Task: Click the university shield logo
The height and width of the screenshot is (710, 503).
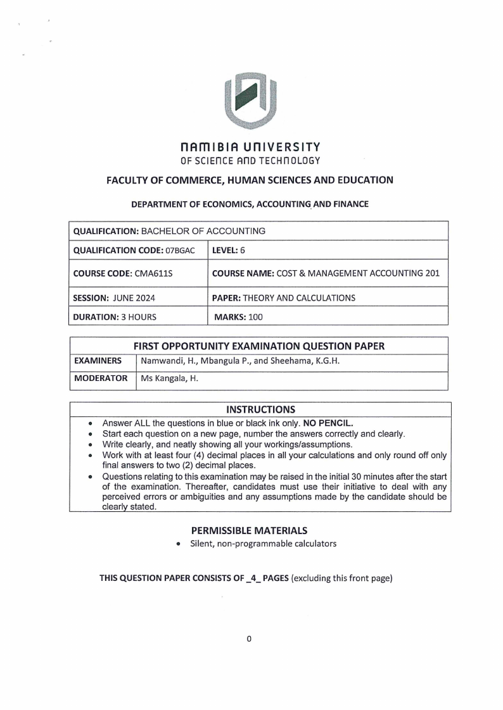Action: point(251,101)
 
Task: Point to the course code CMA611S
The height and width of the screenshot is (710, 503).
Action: point(156,273)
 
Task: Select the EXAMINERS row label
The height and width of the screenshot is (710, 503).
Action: point(98,361)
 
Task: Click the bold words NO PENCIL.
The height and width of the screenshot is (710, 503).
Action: point(347,422)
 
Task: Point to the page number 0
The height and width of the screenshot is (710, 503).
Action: point(250,639)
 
